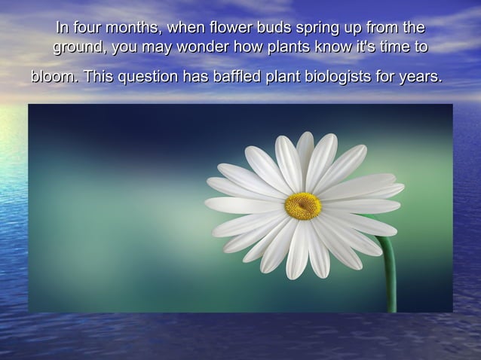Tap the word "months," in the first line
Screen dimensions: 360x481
click(134, 29)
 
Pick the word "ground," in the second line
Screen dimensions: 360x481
click(80, 49)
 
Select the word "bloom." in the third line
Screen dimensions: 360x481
click(54, 77)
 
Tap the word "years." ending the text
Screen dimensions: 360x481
click(420, 78)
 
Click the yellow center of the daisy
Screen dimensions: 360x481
click(303, 206)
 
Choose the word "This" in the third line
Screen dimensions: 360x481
click(99, 77)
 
